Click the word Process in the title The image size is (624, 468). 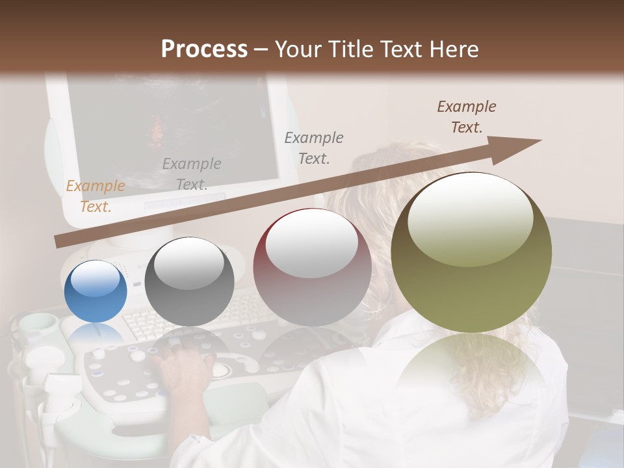click(204, 49)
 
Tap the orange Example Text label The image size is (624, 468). click(96, 196)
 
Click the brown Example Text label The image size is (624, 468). click(467, 117)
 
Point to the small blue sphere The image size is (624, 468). click(96, 292)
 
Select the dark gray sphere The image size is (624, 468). click(189, 282)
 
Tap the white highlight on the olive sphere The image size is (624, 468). click(470, 218)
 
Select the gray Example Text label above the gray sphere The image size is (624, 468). click(192, 174)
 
